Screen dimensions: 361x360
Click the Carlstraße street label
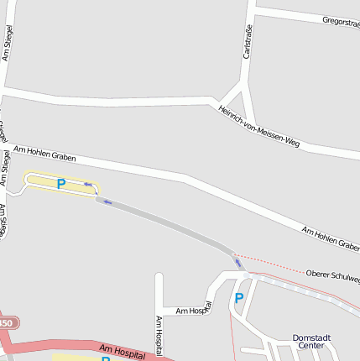coord(248,41)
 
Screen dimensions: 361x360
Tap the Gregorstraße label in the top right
coord(340,21)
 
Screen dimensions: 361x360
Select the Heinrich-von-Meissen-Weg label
coord(258,126)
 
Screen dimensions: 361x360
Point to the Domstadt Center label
coord(311,341)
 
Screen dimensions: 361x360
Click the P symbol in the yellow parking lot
coord(60,183)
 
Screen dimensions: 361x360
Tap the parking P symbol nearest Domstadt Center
coord(239,298)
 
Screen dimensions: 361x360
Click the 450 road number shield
coord(5,323)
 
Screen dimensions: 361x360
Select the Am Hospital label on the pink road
coord(123,350)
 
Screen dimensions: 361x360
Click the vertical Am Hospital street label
coord(158,334)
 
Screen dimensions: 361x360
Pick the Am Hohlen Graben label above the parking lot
coord(44,153)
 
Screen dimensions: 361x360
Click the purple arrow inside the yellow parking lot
coord(87,185)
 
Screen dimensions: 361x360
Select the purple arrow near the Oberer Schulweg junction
coord(238,264)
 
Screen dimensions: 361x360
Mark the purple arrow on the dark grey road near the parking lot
coord(107,201)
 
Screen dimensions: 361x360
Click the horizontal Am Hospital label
coord(192,310)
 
